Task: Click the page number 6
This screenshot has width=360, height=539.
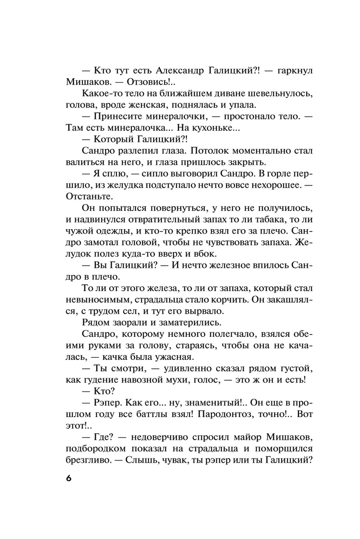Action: click(69, 478)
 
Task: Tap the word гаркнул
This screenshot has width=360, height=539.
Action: click(295, 71)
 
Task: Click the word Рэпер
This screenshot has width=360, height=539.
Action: click(108, 403)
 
